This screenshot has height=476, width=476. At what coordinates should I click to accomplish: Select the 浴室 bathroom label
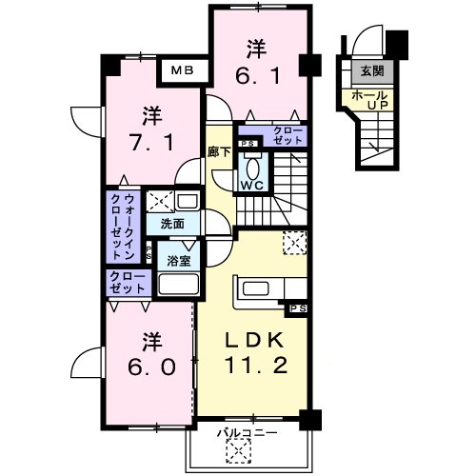pos(178,258)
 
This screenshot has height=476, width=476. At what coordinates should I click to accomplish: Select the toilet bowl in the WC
pos(251,162)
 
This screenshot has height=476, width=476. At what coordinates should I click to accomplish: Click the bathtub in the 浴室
pos(178,285)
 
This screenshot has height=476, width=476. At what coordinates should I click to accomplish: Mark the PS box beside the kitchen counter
pos(298,308)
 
